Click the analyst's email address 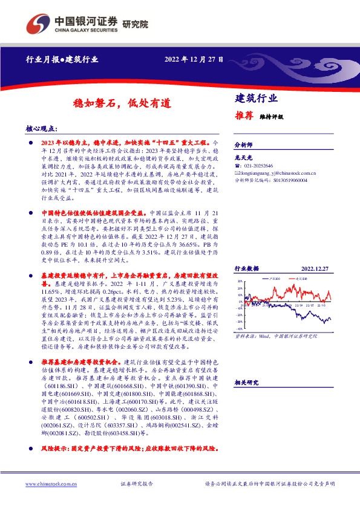click(278, 172)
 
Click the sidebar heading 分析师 click(241, 146)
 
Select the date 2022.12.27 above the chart click(315, 268)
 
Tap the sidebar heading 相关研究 click(246, 383)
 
